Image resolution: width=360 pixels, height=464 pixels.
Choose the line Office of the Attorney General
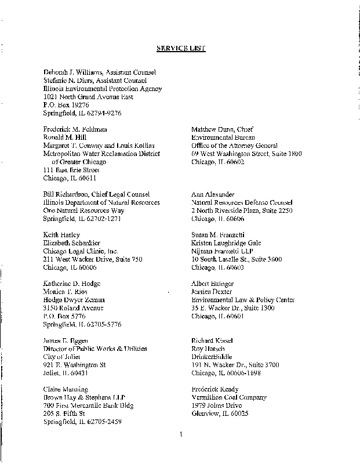[234, 146]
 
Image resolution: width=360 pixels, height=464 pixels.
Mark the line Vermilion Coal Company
[229, 397]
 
